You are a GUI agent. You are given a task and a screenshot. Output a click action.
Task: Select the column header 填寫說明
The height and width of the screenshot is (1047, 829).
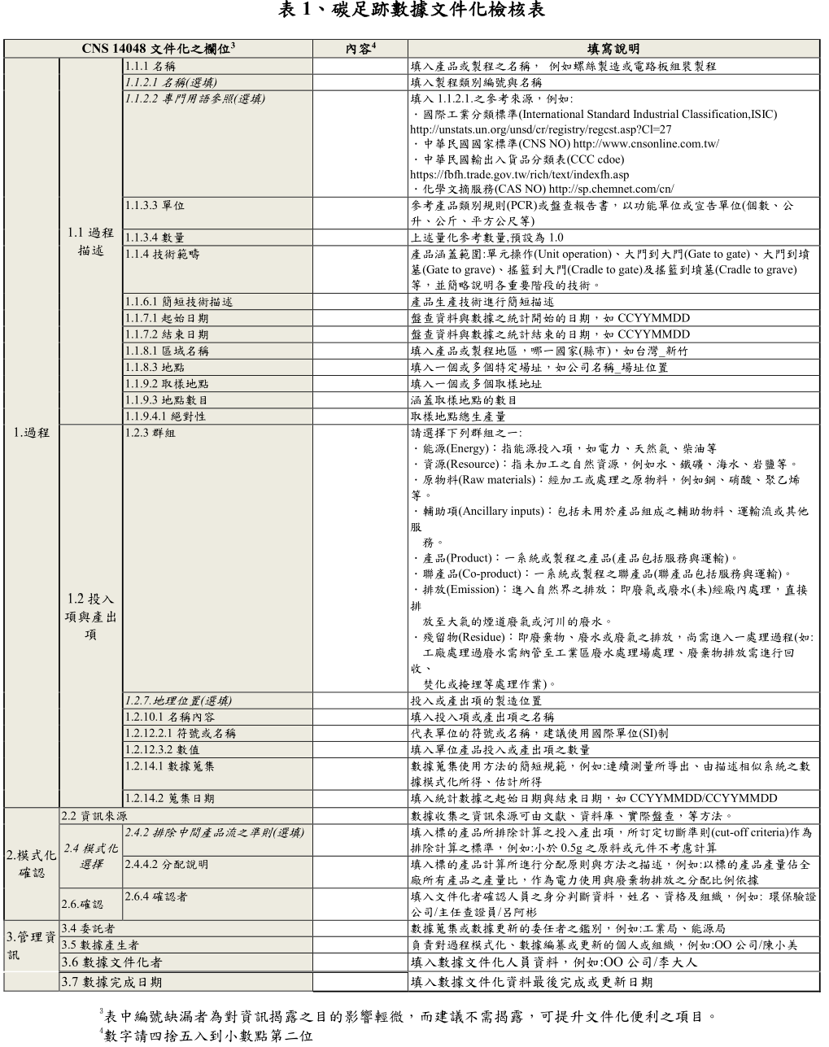pos(613,49)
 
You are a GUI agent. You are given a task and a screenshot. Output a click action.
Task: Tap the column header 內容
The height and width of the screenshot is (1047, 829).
pos(360,49)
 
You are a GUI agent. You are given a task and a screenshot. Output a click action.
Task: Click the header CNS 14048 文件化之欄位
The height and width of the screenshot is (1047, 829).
pos(158,49)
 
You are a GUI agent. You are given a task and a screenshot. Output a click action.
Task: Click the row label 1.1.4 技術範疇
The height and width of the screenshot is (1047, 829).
pos(162,254)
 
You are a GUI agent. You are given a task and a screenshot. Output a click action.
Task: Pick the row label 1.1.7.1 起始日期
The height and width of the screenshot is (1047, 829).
pos(167,318)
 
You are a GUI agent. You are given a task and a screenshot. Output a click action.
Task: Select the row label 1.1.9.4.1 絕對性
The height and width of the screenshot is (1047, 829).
pos(166,416)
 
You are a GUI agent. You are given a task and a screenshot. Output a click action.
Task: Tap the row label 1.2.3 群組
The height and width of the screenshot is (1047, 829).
pos(151,432)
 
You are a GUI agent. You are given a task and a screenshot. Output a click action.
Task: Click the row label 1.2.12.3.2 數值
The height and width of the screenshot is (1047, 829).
pos(163,749)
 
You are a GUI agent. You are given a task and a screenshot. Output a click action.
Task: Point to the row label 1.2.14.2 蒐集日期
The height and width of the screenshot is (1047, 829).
pos(170,798)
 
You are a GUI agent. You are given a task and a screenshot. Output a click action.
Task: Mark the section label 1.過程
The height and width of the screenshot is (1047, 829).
pos(32,432)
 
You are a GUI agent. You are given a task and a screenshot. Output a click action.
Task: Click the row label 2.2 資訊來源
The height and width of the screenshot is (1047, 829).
pos(94,815)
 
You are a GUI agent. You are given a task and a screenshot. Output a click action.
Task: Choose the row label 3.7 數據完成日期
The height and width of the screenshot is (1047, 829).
pos(111,982)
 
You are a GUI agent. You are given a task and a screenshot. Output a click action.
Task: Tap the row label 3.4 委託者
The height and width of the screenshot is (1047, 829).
pos(88,928)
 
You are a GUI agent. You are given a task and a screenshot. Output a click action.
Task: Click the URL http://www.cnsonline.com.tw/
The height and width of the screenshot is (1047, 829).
pos(648,144)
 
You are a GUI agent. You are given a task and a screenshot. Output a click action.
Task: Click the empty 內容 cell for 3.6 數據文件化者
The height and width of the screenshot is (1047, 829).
pos(360,962)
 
